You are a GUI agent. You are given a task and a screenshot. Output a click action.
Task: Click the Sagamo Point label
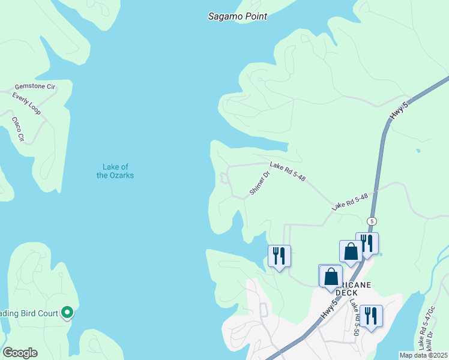pyautogui.click(x=237, y=16)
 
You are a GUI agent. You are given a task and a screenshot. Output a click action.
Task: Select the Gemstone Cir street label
pyautogui.click(x=35, y=87)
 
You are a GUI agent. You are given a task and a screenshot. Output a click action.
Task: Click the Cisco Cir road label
pyautogui.click(x=18, y=128)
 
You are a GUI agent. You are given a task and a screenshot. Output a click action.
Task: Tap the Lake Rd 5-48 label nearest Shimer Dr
pyautogui.click(x=288, y=171)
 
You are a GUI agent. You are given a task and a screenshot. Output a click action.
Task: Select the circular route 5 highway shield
pyautogui.click(x=372, y=221)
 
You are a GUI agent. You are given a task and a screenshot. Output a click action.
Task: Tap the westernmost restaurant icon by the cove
pyautogui.click(x=279, y=256)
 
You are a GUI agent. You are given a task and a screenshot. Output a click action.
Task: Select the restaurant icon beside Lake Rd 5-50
pyautogui.click(x=371, y=316)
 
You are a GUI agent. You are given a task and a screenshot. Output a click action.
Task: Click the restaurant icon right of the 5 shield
pyautogui.click(x=367, y=243)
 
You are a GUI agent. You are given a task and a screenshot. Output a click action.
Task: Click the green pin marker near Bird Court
pyautogui.click(x=68, y=312)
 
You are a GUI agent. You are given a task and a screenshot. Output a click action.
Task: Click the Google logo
pyautogui.click(x=20, y=353)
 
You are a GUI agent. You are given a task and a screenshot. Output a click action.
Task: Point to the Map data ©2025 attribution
pyautogui.click(x=424, y=355)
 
